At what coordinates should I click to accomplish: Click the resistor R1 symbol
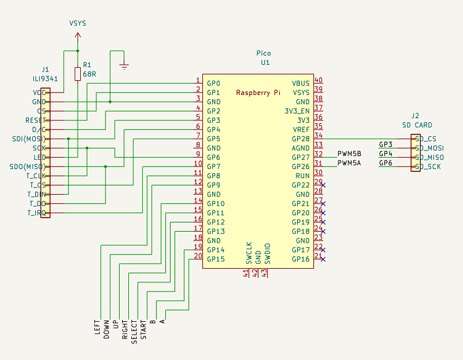tap(77, 74)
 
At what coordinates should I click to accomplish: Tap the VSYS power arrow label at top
tap(77, 23)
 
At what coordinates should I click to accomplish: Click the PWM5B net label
tap(349, 154)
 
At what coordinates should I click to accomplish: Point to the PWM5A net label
tap(349, 163)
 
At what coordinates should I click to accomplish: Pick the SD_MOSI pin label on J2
tap(430, 148)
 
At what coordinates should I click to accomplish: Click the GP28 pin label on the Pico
tap(301, 139)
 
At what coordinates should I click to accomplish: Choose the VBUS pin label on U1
tap(301, 83)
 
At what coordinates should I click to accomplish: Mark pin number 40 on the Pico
tap(318, 80)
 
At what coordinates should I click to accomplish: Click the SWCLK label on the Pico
tap(249, 253)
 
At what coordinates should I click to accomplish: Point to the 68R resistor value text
tap(89, 74)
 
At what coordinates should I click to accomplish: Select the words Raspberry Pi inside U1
tap(258, 92)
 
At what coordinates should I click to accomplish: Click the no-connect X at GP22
tap(323, 185)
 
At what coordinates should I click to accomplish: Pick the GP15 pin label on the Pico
tap(216, 259)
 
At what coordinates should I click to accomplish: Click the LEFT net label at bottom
tap(97, 326)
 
